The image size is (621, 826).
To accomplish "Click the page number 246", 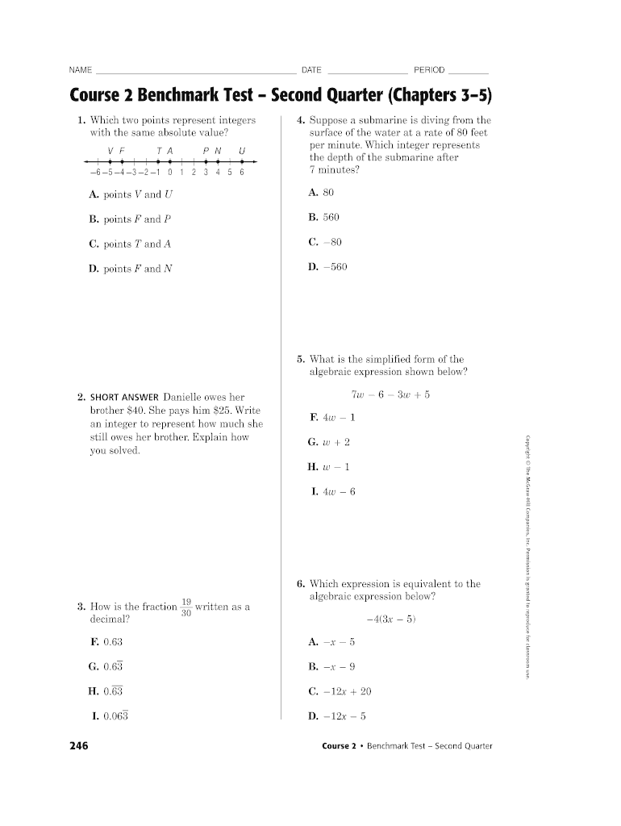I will point(78,745).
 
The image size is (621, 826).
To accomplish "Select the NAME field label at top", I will point(81,70).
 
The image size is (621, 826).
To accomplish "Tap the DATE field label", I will point(311,70).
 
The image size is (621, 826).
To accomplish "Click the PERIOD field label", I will point(429,70).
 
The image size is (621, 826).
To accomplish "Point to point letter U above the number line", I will point(242,150).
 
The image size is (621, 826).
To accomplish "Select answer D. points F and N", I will point(131,269).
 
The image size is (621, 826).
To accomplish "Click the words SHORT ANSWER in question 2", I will point(124,398).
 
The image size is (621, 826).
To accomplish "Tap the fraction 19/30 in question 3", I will point(185,607).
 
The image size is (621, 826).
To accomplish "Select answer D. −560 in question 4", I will point(327,267).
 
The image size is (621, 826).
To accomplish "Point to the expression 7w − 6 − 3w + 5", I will point(390,394).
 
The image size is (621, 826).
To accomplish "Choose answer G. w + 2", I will point(328,442).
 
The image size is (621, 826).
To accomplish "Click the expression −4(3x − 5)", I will point(391,619).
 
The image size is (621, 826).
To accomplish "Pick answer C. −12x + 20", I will point(340,691).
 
